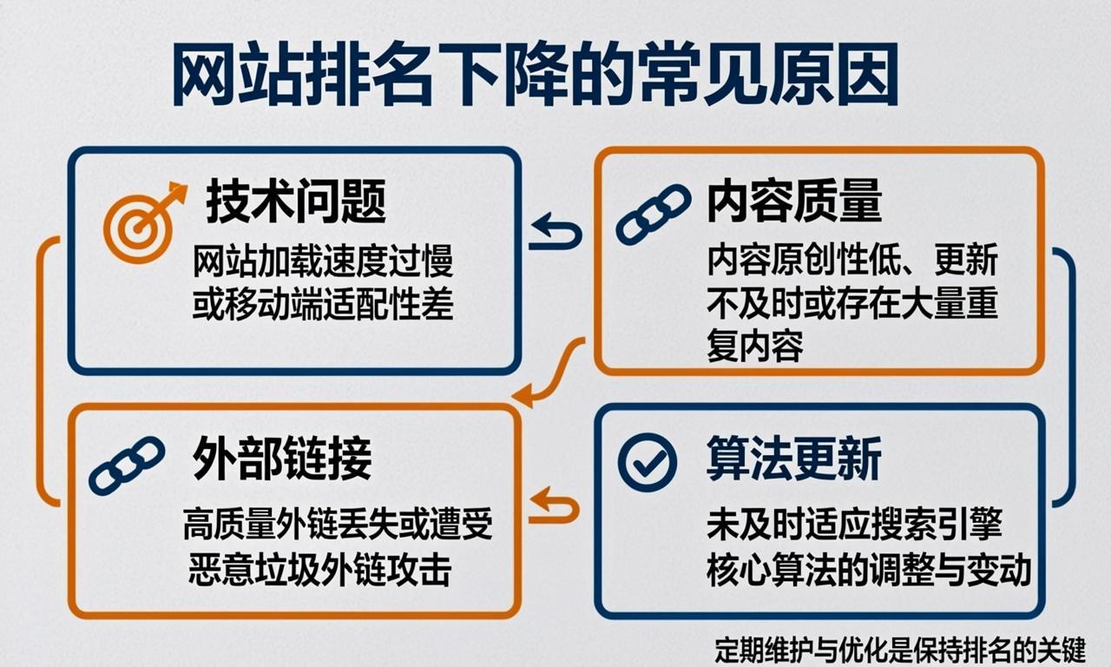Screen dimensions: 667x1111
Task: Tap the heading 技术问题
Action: [x=296, y=202]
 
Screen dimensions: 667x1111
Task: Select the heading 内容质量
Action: [x=794, y=201]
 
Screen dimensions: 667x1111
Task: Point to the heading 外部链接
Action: [x=282, y=459]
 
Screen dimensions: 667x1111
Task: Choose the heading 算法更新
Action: [x=794, y=459]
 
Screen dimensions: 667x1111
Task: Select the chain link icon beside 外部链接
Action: [x=127, y=466]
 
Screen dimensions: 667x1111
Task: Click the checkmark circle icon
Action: [x=647, y=463]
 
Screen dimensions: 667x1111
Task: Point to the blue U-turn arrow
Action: [x=555, y=233]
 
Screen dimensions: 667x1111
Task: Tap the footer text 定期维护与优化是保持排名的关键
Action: [x=900, y=650]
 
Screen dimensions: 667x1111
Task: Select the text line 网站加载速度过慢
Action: [x=323, y=261]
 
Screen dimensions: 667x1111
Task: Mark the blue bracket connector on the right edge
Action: [x=1068, y=377]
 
